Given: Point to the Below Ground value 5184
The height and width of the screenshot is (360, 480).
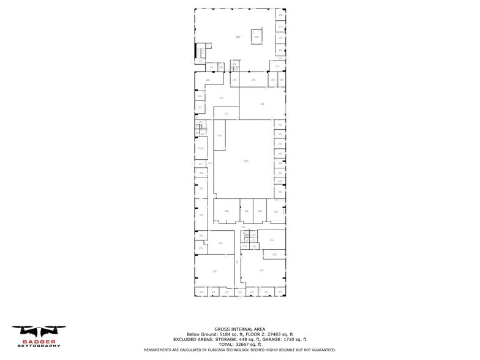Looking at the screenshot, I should point(217,334).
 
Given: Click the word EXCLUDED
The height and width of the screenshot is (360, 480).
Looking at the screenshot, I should point(185,339).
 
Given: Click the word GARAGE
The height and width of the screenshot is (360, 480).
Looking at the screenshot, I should point(268,339).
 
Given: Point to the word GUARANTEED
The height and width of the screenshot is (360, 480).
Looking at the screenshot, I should point(321,350).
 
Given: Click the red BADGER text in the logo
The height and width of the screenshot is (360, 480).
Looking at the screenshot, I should point(39,341).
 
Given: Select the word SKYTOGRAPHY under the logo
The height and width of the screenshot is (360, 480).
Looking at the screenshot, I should point(39,346).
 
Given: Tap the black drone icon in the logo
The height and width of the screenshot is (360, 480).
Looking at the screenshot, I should point(38,331).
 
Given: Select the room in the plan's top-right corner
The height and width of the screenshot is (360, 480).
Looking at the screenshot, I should point(280,13).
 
